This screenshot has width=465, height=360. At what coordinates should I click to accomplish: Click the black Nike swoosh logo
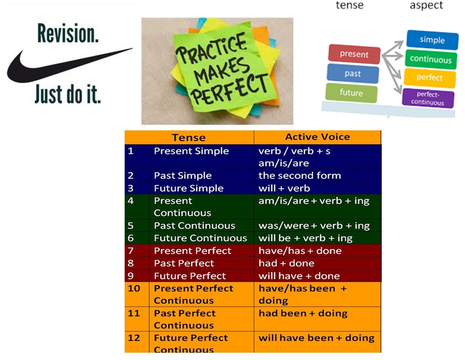(44, 71)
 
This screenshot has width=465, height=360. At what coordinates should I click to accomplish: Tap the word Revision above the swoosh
(68, 34)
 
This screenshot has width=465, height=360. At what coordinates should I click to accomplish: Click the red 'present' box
(354, 54)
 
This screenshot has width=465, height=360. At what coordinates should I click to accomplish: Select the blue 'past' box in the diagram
(353, 73)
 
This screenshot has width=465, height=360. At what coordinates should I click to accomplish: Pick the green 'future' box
(351, 93)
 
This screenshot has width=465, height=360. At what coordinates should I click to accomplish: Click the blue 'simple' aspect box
(432, 40)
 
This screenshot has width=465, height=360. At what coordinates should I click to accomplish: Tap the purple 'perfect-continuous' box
(428, 98)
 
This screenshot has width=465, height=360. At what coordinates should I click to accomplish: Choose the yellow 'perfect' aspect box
(429, 78)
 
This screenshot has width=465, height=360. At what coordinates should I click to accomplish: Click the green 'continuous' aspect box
(430, 59)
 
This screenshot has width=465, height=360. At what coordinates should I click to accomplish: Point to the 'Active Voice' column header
(317, 137)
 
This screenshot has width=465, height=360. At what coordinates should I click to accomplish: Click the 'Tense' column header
(189, 138)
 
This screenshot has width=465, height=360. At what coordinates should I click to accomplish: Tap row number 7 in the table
(130, 251)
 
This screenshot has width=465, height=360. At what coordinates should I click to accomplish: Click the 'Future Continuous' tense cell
(201, 238)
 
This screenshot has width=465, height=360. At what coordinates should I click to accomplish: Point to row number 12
(134, 338)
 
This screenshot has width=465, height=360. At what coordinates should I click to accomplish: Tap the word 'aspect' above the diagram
(426, 5)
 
